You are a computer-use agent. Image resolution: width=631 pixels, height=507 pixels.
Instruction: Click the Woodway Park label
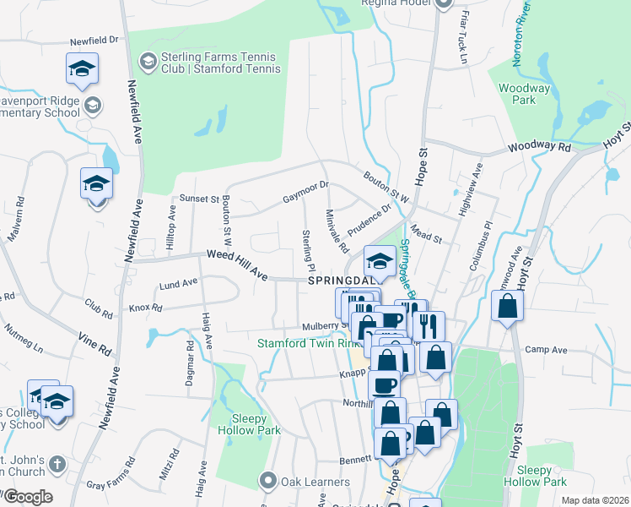(524, 94)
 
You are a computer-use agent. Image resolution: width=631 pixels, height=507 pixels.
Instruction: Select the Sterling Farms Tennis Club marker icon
(147, 61)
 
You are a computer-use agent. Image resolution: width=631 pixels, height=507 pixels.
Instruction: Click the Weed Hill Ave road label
(237, 261)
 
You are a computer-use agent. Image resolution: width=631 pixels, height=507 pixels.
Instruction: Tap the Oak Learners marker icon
(269, 482)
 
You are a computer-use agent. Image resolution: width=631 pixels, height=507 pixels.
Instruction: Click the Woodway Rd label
(540, 147)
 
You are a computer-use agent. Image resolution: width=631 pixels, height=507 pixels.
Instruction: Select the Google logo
(27, 497)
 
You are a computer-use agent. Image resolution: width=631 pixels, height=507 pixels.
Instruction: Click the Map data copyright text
(595, 500)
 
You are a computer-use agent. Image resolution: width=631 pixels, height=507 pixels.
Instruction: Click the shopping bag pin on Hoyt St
(505, 308)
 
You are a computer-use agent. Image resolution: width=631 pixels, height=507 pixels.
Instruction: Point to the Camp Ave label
(545, 349)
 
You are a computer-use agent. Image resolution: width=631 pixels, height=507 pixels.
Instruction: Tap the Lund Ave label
(177, 285)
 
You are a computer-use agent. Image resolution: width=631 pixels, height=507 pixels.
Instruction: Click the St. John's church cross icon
(57, 463)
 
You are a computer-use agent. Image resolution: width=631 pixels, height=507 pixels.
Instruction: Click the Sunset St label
(199, 199)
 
